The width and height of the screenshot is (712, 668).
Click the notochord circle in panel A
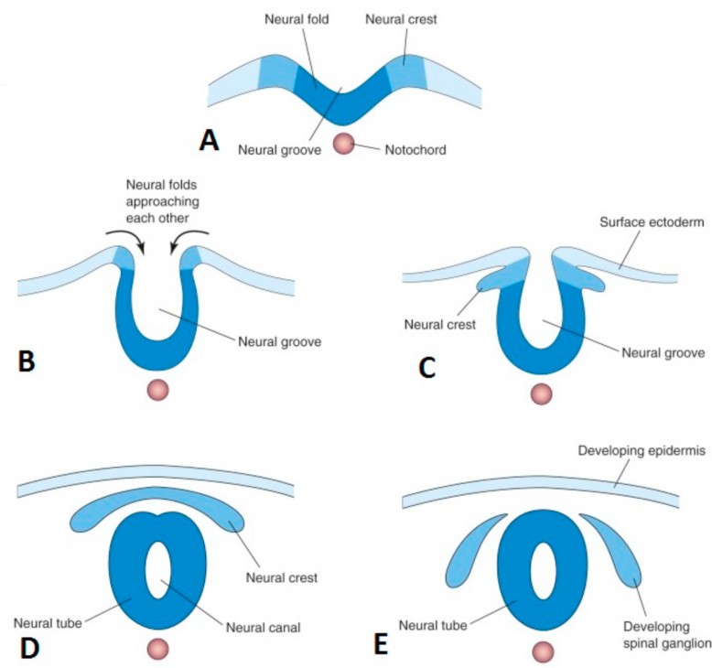tap(343, 145)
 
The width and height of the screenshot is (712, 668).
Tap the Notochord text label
tap(415, 149)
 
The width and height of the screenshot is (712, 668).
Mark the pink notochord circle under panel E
tap(544, 652)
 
